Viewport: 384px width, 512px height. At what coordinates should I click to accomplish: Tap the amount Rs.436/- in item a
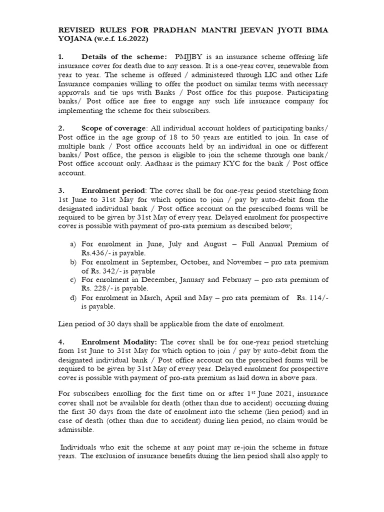(x=97, y=252)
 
